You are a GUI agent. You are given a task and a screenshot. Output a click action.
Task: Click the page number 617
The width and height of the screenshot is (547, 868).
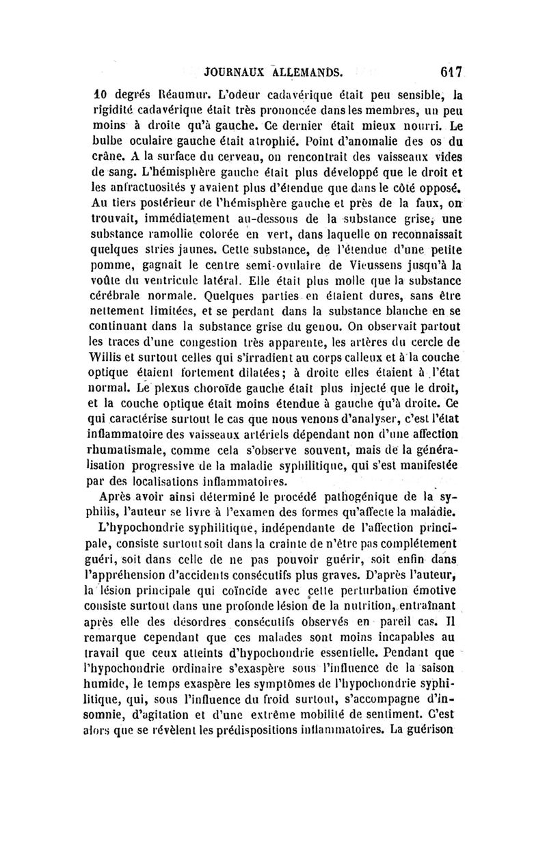[451, 70]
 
